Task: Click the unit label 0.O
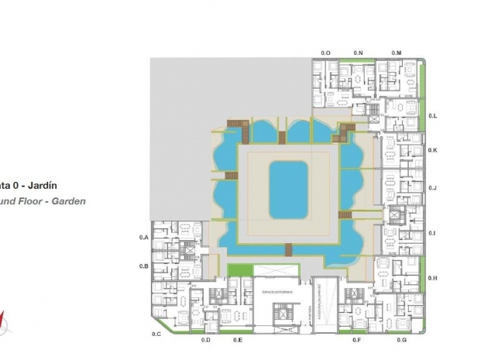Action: tap(326, 52)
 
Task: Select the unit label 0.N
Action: tap(358, 52)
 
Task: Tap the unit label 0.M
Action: tap(396, 52)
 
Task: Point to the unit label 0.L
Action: tap(433, 115)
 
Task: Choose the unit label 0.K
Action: tap(433, 150)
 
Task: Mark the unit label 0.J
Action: tap(433, 187)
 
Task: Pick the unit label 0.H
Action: tap(433, 277)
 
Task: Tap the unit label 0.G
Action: tap(401, 340)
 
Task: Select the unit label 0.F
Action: tap(356, 340)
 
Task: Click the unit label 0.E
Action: tap(238, 340)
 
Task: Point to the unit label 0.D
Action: tap(206, 340)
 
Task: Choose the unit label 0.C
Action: tap(156, 334)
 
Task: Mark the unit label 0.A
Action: tap(143, 237)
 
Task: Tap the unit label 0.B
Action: tap(143, 266)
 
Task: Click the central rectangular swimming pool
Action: tap(288, 190)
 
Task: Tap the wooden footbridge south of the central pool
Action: tap(289, 249)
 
